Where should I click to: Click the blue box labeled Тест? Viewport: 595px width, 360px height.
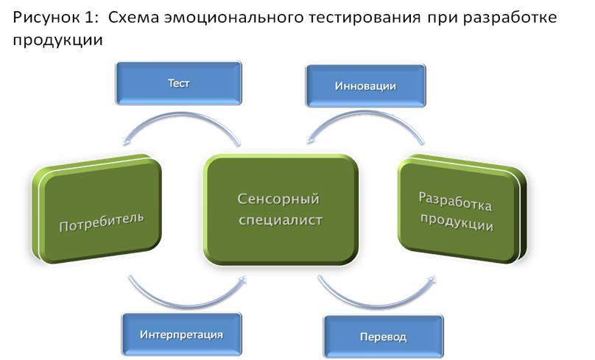[178, 82]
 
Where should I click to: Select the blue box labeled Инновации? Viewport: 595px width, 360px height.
[365, 86]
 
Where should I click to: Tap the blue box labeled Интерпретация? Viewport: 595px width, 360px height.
[181, 334]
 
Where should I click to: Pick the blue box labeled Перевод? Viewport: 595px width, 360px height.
[383, 337]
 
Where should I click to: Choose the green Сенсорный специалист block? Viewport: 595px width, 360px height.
[280, 210]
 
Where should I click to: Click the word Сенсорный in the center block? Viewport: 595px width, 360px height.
[280, 199]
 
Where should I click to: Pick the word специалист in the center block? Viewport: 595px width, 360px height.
[280, 220]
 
